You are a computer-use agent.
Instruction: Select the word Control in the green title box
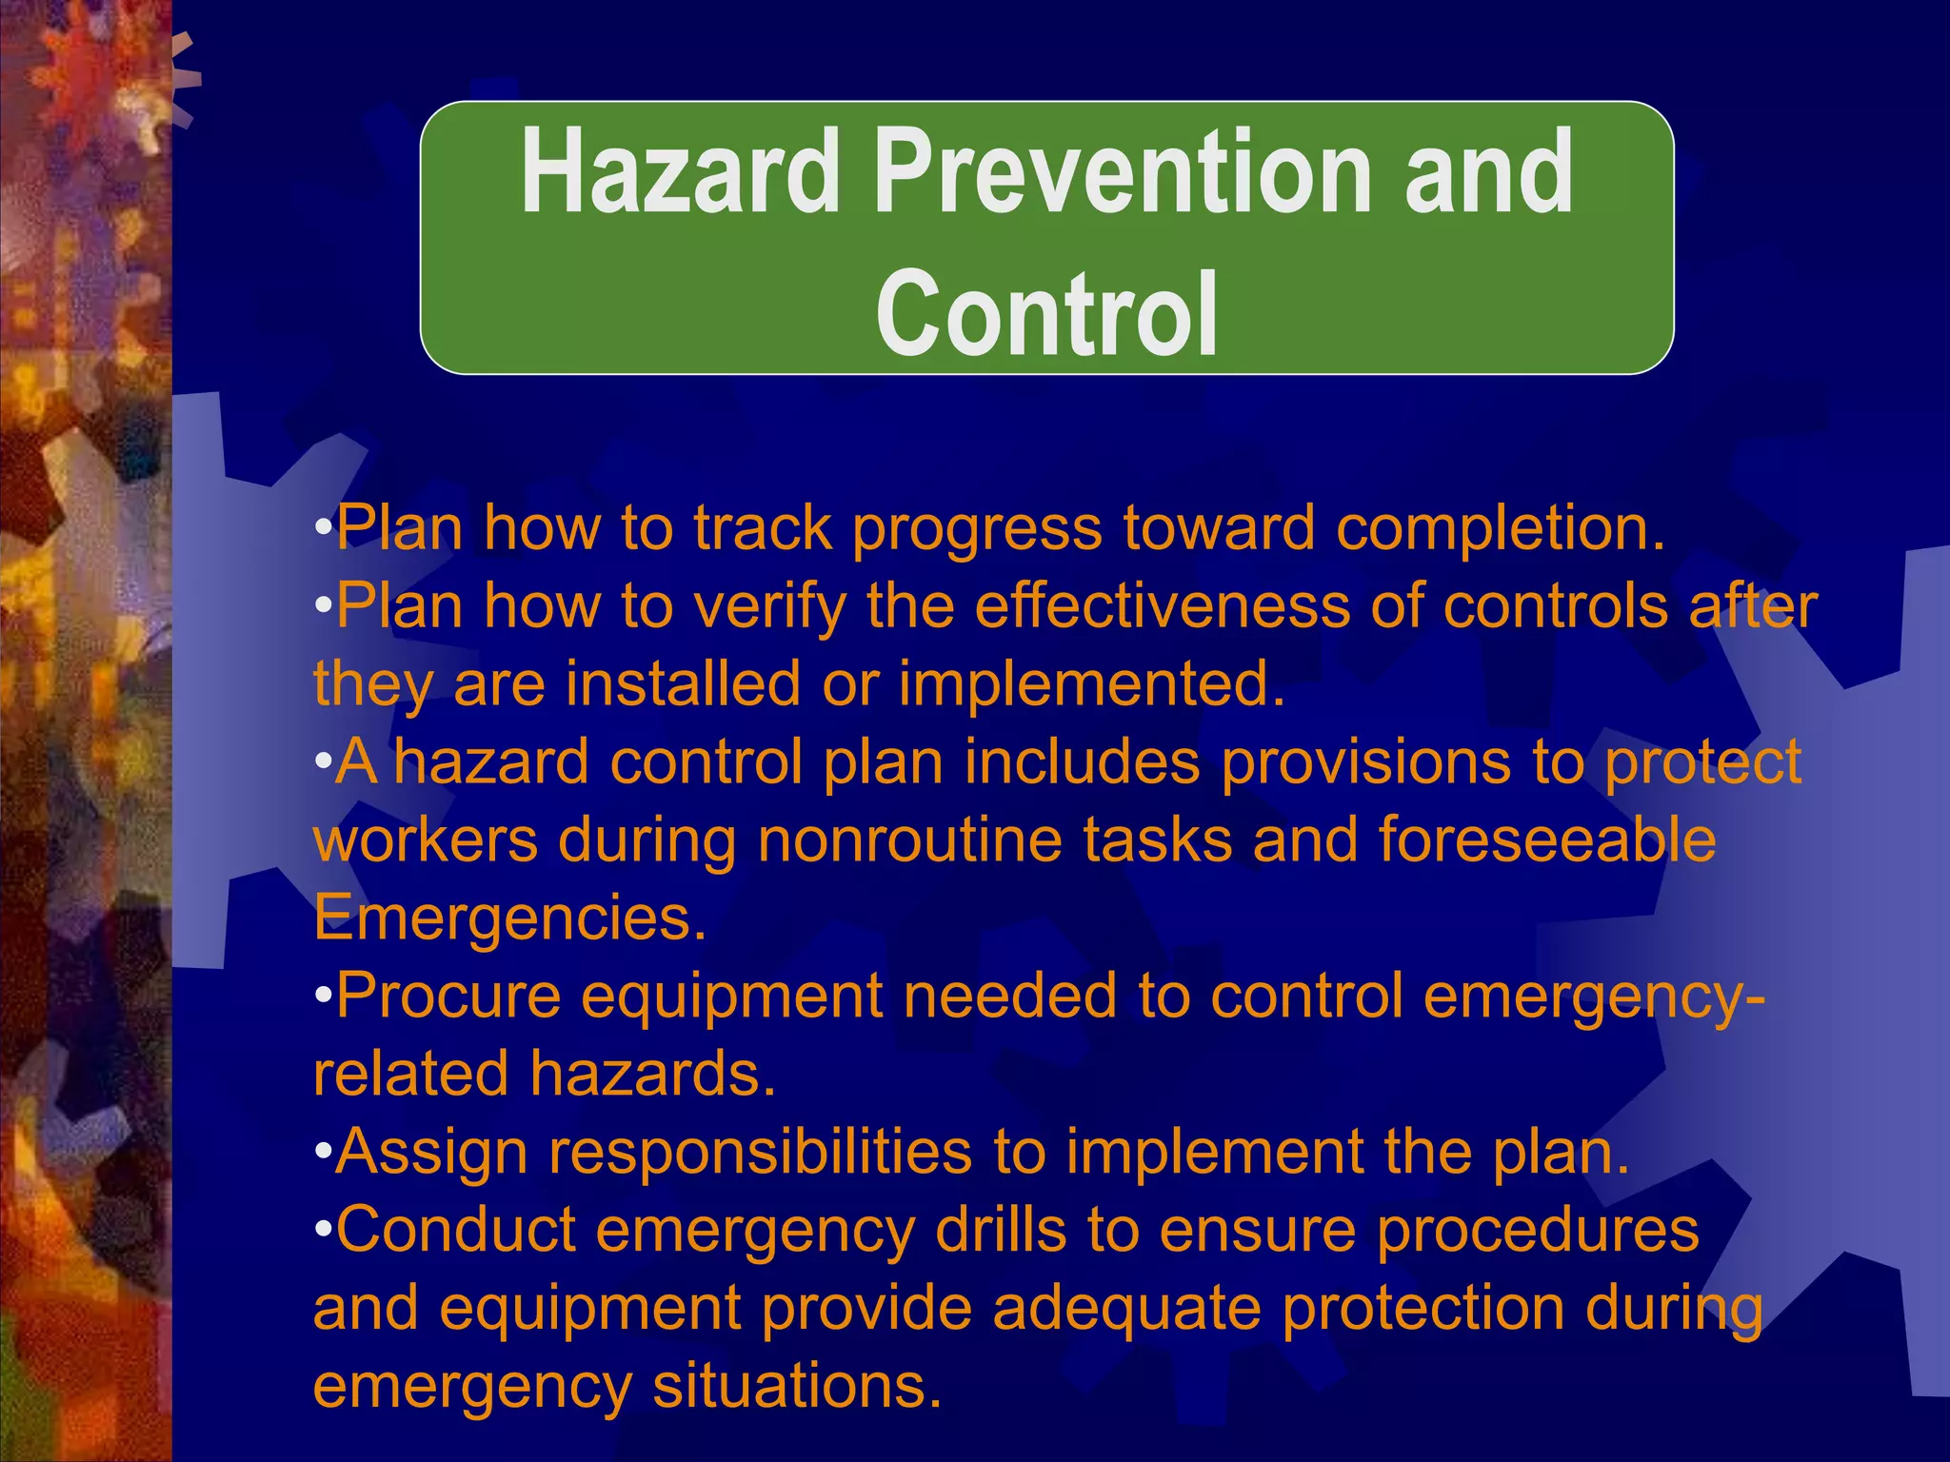pos(1046,314)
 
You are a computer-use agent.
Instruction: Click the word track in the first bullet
pos(762,528)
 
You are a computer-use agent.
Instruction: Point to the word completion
pos(1500,528)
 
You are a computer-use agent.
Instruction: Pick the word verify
pos(769,607)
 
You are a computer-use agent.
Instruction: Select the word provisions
pos(1366,763)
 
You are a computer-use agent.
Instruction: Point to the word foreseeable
pos(1547,841)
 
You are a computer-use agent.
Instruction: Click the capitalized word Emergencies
pos(509,919)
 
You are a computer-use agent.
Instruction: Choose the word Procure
pos(448,998)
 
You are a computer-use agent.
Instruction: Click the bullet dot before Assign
pos(323,1154)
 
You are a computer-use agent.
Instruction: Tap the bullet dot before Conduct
pos(323,1232)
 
